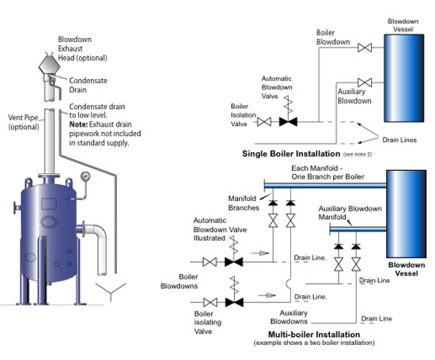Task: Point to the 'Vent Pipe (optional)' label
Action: tap(27, 122)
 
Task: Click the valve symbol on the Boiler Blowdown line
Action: tap(364, 47)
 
